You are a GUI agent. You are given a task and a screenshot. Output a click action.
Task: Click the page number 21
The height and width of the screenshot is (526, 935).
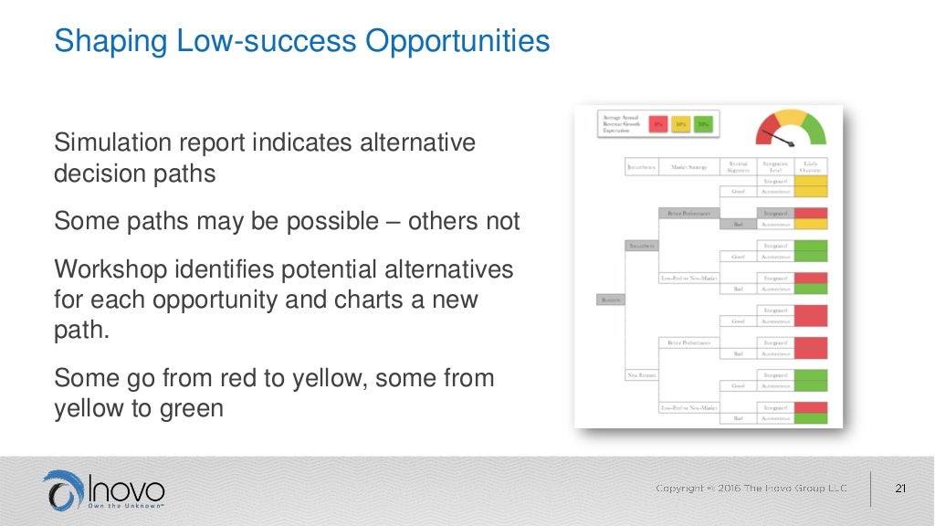pos(900,489)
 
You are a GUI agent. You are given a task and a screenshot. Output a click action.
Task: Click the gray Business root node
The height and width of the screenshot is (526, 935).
pos(610,299)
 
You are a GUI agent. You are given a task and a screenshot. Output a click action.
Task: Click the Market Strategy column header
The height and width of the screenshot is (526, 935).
pos(689,167)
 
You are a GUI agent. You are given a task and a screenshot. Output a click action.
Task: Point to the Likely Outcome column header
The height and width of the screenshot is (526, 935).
pos(810,166)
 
